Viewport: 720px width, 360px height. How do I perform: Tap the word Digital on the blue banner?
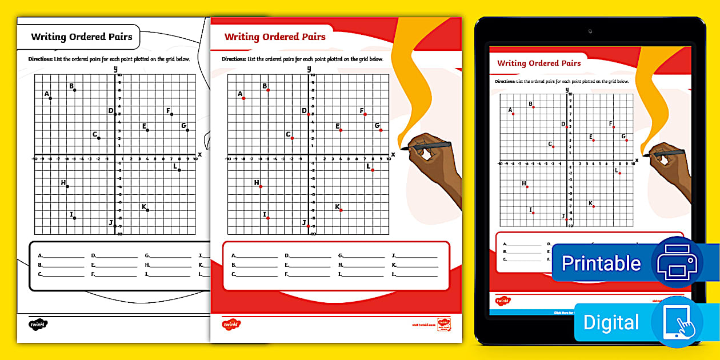coord(611,322)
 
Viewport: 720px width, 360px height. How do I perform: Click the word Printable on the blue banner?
coord(601,263)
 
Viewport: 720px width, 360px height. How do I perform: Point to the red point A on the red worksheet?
coord(243,98)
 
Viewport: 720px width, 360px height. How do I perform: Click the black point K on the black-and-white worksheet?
coord(148,210)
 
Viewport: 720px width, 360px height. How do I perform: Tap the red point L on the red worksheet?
coord(373,170)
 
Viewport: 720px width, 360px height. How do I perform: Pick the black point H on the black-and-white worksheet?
coord(67,186)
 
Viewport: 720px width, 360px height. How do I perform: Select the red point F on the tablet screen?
coord(614,127)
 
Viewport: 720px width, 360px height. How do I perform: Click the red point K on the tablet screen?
coord(594,206)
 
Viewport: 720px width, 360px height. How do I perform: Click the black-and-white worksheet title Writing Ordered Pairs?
coord(82,37)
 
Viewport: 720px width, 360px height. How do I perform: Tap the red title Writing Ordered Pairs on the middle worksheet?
coord(275,37)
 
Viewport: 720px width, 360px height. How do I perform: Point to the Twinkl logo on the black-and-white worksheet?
coord(38,324)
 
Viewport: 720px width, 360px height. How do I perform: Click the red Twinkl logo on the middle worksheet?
coord(231,324)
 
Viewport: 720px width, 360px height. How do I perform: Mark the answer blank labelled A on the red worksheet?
coord(254,256)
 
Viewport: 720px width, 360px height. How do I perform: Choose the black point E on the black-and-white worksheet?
coord(147,130)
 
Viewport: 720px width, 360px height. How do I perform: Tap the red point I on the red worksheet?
coord(267,218)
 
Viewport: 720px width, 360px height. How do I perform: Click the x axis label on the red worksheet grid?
coord(393,154)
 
